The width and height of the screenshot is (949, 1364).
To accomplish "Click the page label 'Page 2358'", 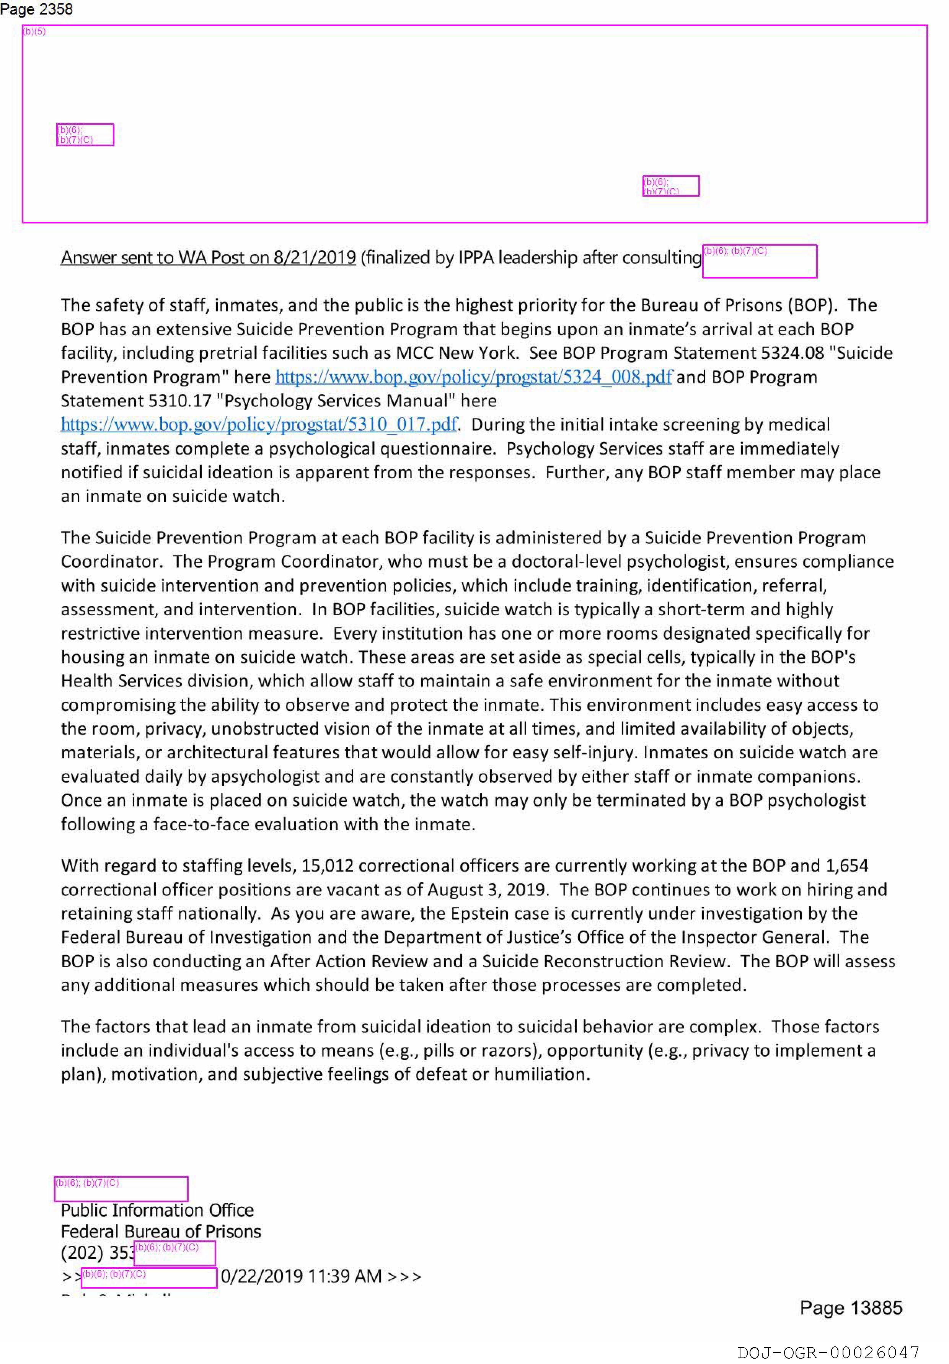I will tap(36, 10).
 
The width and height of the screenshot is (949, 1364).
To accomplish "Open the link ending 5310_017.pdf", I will tap(259, 424).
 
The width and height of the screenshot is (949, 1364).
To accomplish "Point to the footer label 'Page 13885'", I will tap(850, 1307).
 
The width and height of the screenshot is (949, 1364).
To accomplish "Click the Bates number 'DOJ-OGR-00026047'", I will tap(828, 1353).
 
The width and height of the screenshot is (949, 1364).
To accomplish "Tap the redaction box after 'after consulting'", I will tap(760, 261).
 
